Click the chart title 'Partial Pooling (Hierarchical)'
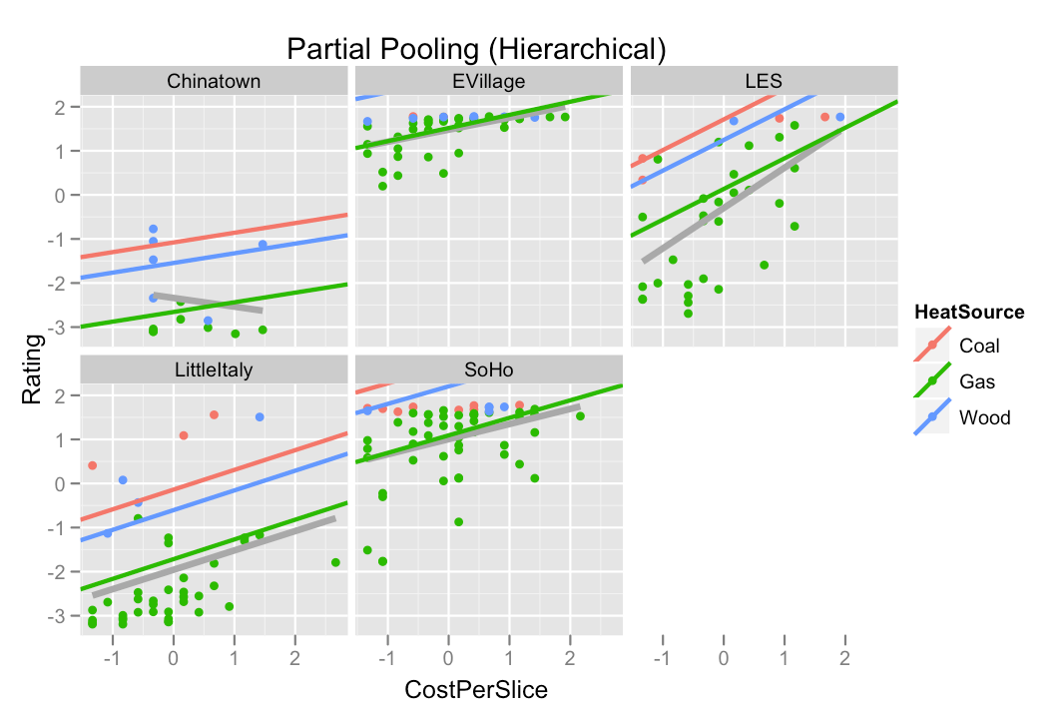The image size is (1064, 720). coord(475,49)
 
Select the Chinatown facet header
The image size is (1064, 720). coord(214,81)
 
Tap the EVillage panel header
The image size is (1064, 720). coord(489,81)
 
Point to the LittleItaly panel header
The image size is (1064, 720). coord(214,369)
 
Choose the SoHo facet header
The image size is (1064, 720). coord(489,369)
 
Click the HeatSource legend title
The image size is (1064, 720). coord(970,313)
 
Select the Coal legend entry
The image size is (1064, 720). coord(978,347)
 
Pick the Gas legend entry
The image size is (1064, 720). coord(976,381)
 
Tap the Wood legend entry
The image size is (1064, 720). coord(984,417)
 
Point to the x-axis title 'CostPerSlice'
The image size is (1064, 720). coord(475,690)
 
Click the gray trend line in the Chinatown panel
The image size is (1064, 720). coord(209,304)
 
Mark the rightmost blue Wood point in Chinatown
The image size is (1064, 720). coord(263,245)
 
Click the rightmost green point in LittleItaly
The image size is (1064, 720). coord(335,562)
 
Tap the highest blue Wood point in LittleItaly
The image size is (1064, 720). coord(260,417)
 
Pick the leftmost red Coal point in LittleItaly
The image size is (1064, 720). coord(92,465)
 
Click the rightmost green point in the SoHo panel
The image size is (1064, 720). coord(580,416)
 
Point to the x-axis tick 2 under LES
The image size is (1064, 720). coord(844,659)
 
